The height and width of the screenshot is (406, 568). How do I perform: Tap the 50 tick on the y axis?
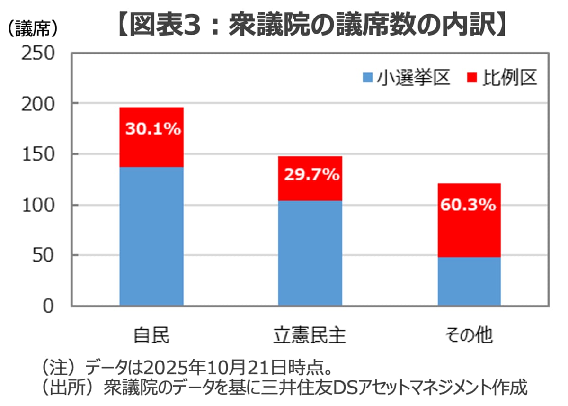click(x=45, y=256)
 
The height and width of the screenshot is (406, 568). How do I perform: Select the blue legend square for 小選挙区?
click(x=368, y=77)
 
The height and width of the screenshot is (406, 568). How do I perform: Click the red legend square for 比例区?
click(x=472, y=77)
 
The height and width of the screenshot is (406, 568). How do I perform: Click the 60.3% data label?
click(x=468, y=205)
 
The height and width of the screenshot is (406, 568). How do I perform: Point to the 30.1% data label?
click(x=153, y=129)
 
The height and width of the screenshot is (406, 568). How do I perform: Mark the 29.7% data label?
click(x=311, y=175)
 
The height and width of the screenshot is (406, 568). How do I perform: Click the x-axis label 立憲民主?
click(x=310, y=335)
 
